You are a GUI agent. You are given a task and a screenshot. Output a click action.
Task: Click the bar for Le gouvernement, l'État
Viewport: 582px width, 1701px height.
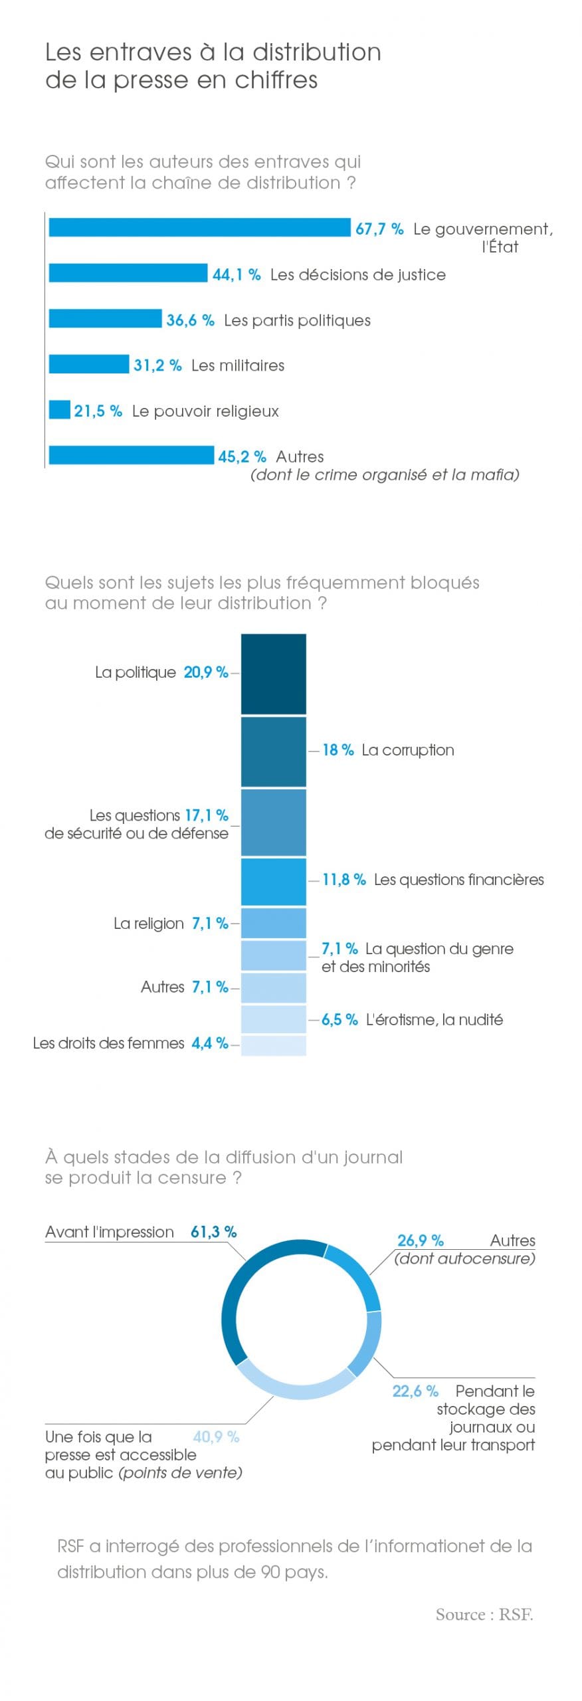[199, 227]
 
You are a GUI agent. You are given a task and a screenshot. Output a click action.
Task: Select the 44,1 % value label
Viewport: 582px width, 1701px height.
[237, 274]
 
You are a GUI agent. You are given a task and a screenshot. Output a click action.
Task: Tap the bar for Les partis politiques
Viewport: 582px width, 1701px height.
[105, 319]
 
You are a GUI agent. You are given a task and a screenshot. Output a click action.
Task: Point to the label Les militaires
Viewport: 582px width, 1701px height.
[237, 365]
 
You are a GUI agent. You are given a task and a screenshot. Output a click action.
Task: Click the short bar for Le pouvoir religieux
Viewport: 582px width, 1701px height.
[60, 410]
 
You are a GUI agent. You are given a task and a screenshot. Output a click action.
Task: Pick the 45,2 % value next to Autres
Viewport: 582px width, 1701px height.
[242, 456]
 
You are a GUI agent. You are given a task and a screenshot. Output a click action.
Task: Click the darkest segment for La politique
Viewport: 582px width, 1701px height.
[273, 674]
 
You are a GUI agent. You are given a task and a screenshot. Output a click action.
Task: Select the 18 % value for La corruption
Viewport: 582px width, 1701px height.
[338, 750]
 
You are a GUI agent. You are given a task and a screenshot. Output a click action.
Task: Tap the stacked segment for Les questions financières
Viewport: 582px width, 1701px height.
[273, 882]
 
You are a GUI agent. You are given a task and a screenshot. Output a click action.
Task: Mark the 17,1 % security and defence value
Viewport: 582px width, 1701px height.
[206, 815]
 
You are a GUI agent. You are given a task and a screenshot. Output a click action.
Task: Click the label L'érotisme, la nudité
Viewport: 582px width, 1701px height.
[434, 1019]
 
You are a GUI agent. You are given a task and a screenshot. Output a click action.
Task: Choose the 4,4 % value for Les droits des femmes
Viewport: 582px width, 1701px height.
[209, 1043]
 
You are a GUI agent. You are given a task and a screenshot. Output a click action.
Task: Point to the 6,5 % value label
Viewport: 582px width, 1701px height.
[339, 1019]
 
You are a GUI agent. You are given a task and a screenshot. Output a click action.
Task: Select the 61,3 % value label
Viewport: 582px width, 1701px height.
[213, 1231]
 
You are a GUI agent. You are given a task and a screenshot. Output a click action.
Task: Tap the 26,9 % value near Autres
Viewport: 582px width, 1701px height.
[420, 1240]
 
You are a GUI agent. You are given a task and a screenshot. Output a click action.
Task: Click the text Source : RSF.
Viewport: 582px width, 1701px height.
[484, 1614]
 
